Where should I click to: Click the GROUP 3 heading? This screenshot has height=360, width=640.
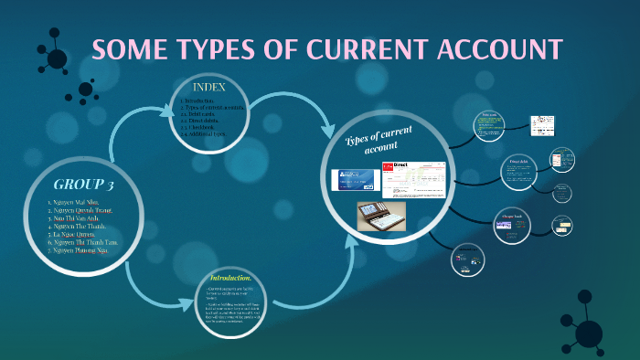[83, 185]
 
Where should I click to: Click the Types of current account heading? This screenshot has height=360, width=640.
[379, 141]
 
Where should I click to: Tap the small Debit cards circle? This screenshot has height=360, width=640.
[489, 125]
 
